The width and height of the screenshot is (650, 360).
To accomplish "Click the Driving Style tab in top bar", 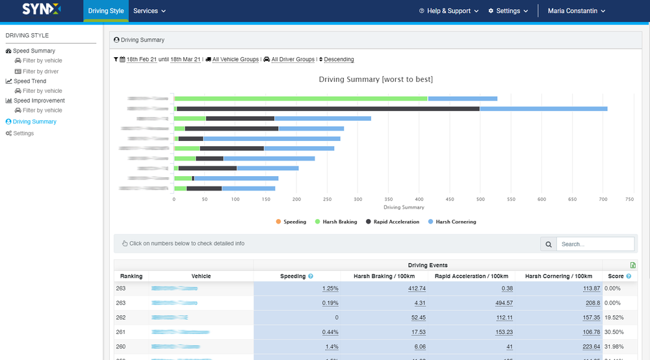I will pyautogui.click(x=106, y=11).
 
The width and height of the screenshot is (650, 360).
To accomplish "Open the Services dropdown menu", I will pyautogui.click(x=149, y=11).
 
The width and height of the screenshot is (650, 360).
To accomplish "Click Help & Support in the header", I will pyautogui.click(x=448, y=11).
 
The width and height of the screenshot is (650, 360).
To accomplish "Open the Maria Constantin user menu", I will pyautogui.click(x=576, y=11).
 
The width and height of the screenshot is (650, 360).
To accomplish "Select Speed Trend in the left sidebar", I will pyautogui.click(x=30, y=81).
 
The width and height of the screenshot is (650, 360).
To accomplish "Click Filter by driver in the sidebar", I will pyautogui.click(x=40, y=71).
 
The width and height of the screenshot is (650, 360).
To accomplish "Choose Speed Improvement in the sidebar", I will pyautogui.click(x=39, y=101).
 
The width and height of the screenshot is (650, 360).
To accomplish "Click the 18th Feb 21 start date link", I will pyautogui.click(x=141, y=60).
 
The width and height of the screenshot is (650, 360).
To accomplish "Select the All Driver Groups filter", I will pyautogui.click(x=292, y=60).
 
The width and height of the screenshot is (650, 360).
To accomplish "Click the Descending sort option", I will pyautogui.click(x=339, y=60).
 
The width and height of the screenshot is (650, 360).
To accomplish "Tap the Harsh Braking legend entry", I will pyautogui.click(x=335, y=222).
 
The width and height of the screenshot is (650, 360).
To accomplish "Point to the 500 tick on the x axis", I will pyautogui.click(x=480, y=199).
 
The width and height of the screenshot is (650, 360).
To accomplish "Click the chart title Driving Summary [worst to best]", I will pyautogui.click(x=376, y=79).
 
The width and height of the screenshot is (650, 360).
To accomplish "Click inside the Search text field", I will pyautogui.click(x=595, y=244).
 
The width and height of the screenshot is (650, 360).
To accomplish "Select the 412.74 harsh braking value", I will pyautogui.click(x=413, y=289).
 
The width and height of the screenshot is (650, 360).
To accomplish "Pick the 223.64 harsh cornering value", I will pyautogui.click(x=587, y=346).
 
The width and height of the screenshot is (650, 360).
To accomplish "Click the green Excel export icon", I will pyautogui.click(x=633, y=265).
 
